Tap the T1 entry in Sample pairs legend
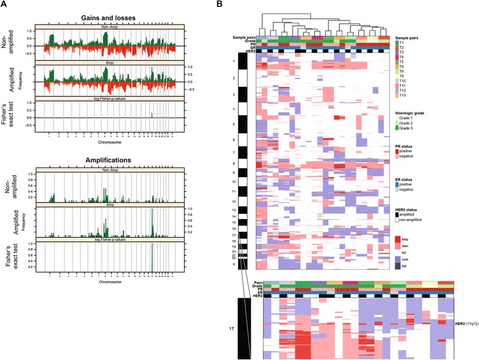pyautogui.click(x=403, y=43)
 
